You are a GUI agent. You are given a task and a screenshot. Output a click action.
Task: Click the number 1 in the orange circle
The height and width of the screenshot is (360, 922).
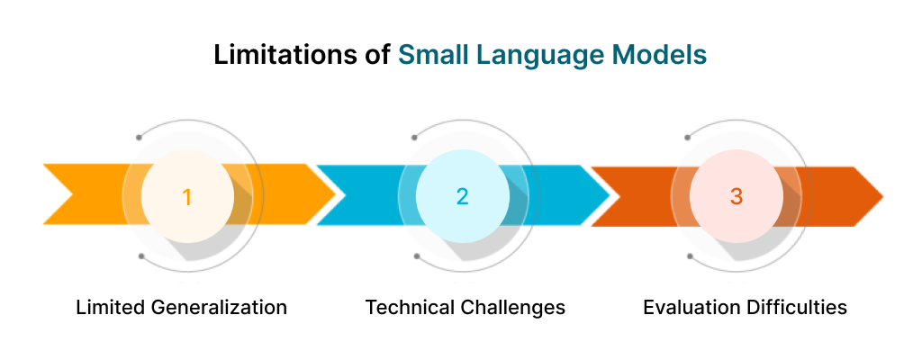coord(186,196)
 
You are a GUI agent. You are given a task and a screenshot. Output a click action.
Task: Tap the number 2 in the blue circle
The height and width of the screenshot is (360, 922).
coord(462,196)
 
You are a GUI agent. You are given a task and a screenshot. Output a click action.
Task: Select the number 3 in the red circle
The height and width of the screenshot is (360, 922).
coord(737,196)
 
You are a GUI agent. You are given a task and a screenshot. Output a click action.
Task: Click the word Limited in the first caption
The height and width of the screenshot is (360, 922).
coord(107,308)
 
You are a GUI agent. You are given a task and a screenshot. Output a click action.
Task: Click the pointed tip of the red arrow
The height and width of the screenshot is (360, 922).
coord(881,194)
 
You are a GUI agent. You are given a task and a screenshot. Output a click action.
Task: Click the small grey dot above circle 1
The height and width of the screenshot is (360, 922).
coord(139,138)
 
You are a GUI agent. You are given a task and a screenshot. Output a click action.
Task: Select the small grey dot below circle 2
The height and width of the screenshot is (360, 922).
coord(416,256)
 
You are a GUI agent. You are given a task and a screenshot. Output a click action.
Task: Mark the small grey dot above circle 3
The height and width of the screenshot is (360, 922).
coord(688,138)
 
